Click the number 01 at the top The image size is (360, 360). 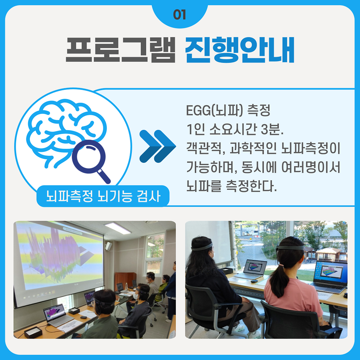point(180,15)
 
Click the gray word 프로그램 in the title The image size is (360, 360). point(121,50)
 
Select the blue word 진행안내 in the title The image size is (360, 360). point(240,50)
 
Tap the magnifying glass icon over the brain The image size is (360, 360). point(90,161)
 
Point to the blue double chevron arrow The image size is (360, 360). point(157,146)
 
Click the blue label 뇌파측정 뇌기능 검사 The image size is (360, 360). point(103,196)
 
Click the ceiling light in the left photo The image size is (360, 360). point(118,228)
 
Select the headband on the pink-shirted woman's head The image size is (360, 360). point(290,248)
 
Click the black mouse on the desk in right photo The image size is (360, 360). point(254,281)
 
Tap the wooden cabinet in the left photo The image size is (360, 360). point(125,281)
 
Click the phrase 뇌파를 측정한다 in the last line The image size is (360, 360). point(231,186)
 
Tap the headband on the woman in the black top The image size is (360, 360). point(202,247)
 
